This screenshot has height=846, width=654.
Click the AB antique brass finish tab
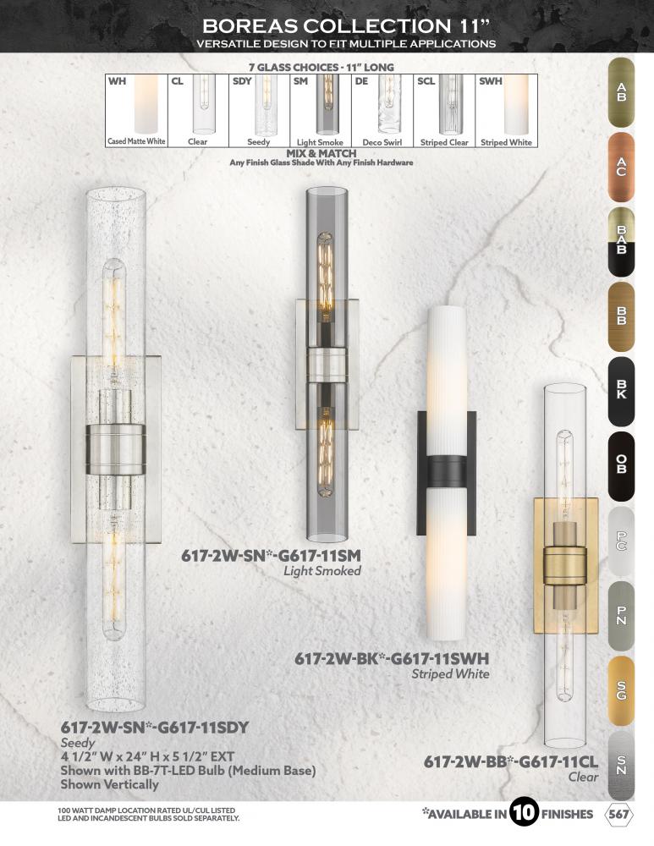(x=621, y=92)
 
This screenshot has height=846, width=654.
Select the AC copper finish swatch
(x=621, y=167)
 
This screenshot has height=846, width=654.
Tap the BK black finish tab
(x=621, y=391)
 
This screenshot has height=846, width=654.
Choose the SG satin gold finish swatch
(x=621, y=690)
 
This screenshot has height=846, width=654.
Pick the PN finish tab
(x=621, y=616)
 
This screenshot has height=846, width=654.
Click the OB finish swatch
(x=621, y=466)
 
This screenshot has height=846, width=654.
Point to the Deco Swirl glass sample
(x=389, y=103)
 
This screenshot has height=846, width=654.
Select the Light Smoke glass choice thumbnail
(x=327, y=104)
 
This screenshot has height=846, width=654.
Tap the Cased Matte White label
(x=136, y=141)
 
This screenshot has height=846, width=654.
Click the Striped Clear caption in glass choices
(x=444, y=142)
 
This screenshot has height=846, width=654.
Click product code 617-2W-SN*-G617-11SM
(x=271, y=556)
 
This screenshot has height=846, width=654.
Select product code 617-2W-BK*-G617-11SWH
(x=392, y=659)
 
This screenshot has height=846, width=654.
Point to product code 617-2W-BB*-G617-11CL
(x=510, y=762)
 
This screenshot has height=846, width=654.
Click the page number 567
(x=619, y=814)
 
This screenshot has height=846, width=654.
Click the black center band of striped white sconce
(x=447, y=472)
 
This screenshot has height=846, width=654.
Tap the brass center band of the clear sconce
(x=564, y=566)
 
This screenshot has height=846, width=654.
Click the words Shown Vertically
(x=109, y=784)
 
